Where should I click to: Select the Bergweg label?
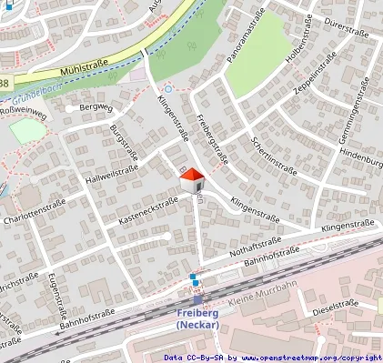(95, 107)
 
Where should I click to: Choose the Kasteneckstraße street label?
(147, 212)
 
